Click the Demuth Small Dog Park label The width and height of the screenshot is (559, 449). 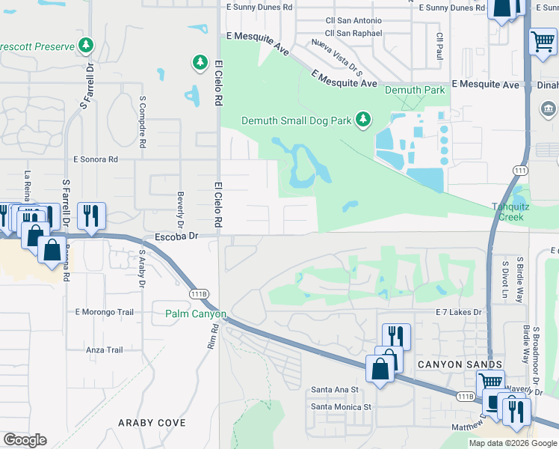tap(297, 120)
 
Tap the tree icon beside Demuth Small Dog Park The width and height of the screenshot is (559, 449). tap(362, 119)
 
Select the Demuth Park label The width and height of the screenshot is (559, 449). tap(415, 91)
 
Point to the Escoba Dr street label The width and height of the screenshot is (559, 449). tap(175, 236)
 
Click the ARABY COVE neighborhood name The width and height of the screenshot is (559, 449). tap(152, 423)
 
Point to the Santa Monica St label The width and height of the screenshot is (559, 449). tap(341, 407)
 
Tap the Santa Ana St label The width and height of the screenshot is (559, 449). tap(335, 390)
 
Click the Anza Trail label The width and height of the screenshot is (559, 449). tap(104, 349)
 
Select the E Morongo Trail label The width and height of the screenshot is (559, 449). tap(104, 311)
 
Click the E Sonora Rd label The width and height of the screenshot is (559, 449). tap(96, 159)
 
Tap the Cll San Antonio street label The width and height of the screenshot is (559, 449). tap(353, 20)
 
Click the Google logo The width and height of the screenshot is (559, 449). tap(25, 440)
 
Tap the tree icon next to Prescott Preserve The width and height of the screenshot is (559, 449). tap(87, 46)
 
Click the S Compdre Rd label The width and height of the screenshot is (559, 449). tap(140, 120)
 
